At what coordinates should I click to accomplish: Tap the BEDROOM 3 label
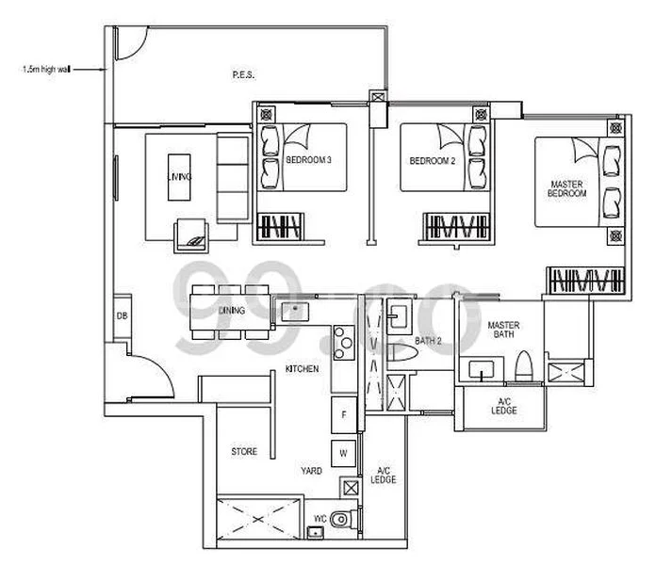click(x=307, y=161)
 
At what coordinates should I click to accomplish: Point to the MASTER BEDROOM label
click(x=569, y=186)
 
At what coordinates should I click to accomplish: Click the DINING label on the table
click(x=231, y=310)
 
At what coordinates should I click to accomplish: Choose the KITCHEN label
click(x=302, y=369)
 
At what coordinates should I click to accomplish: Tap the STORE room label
click(x=244, y=452)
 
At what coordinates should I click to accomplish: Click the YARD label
click(x=312, y=470)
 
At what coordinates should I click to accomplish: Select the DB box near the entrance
click(x=122, y=315)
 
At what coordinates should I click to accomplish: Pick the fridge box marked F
click(x=344, y=414)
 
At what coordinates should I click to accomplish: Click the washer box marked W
click(x=344, y=453)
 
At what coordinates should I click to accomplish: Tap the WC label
click(x=319, y=518)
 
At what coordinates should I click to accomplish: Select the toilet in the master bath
click(x=524, y=366)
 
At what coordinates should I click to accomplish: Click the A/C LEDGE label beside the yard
click(x=385, y=475)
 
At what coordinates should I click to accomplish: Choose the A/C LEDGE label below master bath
click(x=504, y=406)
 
